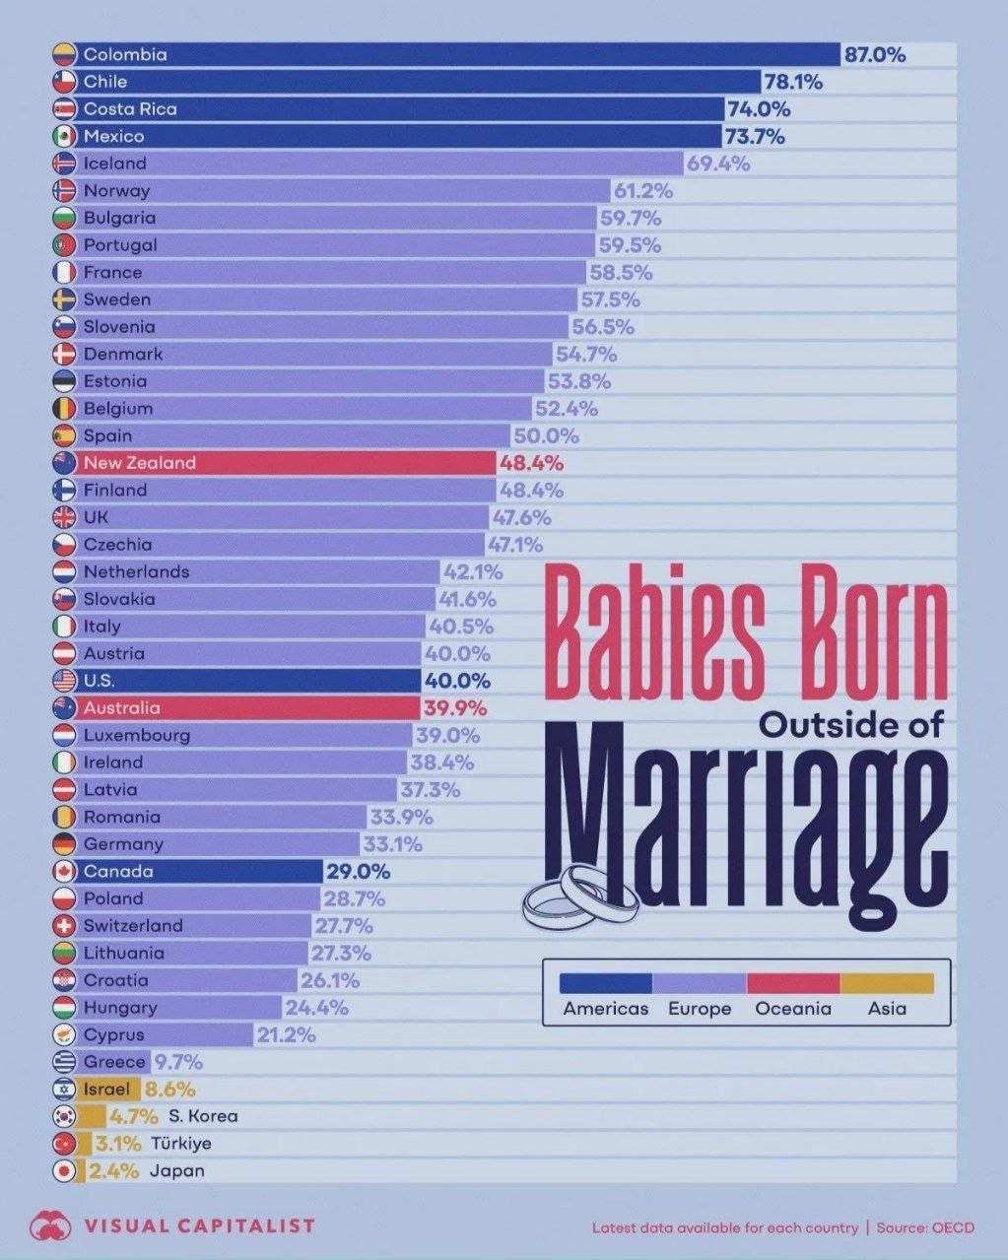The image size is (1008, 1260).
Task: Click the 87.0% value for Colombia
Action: (874, 55)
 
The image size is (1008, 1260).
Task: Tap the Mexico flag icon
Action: (64, 137)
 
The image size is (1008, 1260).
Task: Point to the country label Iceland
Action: (114, 164)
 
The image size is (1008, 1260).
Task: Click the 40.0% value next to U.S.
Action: (457, 681)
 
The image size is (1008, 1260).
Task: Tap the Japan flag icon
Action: (64, 1171)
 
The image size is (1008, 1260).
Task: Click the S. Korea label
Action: (203, 1116)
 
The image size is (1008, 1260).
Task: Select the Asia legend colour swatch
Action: (887, 983)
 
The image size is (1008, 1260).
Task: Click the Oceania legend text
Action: (793, 1009)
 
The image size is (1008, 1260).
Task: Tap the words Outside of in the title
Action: (851, 725)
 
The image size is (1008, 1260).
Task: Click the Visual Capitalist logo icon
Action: (51, 1226)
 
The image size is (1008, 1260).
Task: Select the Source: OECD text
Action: (925, 1227)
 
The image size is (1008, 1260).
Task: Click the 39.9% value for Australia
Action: (455, 708)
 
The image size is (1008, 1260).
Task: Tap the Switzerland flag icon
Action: (64, 926)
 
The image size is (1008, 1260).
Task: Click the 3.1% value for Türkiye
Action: (118, 1144)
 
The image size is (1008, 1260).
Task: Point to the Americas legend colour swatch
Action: (606, 983)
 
